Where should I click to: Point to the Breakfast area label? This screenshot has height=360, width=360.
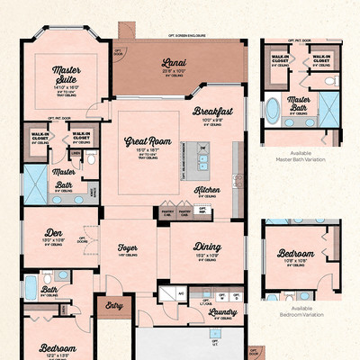pyautogui.click(x=212, y=111)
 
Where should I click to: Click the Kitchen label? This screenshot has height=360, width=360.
pyautogui.click(x=208, y=190)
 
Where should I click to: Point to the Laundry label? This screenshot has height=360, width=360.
pyautogui.click(x=222, y=311)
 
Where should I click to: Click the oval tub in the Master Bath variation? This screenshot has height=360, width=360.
pyautogui.click(x=273, y=111)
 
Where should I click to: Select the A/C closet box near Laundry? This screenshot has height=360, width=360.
pyautogui.click(x=181, y=294)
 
